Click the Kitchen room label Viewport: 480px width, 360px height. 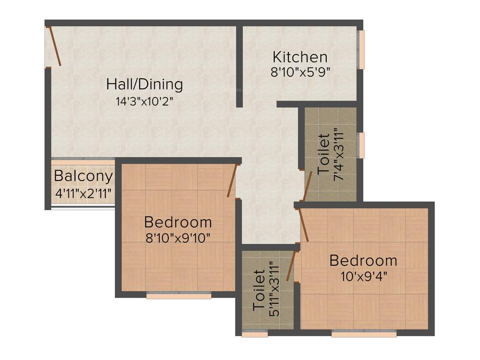[x=300, y=57]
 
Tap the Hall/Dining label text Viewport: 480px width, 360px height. [x=144, y=84]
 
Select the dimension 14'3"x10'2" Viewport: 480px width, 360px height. [x=144, y=101]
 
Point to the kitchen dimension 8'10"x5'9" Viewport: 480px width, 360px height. [x=300, y=72]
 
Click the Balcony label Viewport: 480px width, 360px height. [x=83, y=176]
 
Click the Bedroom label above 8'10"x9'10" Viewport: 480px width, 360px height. [x=178, y=222]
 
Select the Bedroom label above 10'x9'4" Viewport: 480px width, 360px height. [x=363, y=260]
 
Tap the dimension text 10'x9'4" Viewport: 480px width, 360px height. [x=364, y=275]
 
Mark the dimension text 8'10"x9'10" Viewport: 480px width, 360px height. [x=178, y=237]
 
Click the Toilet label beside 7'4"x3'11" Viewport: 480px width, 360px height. [x=323, y=154]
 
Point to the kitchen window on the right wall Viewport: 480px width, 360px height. [x=361, y=50]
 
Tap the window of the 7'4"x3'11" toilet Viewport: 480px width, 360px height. [x=361, y=145]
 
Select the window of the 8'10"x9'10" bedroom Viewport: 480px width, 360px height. [x=179, y=295]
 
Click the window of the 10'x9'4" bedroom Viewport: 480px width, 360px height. [x=364, y=334]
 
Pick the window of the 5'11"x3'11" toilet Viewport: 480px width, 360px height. [x=255, y=334]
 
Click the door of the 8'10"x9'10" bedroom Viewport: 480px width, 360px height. [x=232, y=181]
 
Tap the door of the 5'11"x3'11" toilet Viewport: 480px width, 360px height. [x=291, y=266]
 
